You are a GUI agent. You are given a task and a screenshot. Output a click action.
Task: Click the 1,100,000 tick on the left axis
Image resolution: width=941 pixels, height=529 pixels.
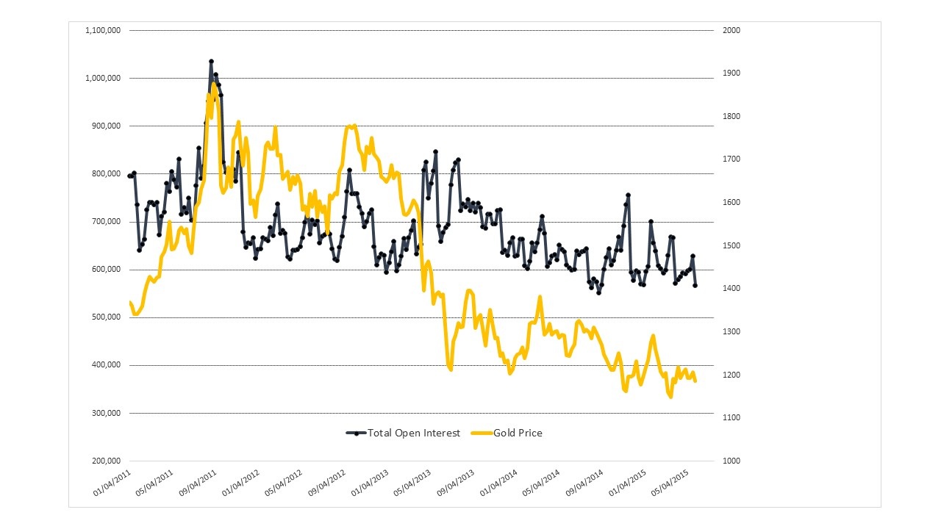tap(104, 30)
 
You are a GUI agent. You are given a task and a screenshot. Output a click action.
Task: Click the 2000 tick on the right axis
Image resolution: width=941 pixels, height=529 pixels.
tap(731, 30)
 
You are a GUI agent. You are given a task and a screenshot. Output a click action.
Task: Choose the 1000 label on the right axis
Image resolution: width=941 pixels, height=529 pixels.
tap(731, 461)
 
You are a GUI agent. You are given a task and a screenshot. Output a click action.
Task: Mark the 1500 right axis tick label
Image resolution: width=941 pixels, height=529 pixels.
tap(731, 245)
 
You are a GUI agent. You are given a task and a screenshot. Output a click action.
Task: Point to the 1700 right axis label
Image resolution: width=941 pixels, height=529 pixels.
tap(731, 159)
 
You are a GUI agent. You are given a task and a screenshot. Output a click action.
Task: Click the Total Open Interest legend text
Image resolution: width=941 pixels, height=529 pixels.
tap(414, 433)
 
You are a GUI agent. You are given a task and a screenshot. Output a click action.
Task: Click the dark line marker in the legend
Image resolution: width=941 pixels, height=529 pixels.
tap(357, 433)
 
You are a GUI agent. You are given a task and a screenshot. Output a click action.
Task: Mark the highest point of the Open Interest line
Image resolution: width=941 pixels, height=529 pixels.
tap(211, 62)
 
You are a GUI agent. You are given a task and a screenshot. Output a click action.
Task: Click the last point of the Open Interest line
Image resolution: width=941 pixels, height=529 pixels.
tap(695, 285)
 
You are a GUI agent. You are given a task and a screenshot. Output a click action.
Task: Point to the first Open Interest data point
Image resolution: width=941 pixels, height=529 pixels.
tap(129, 176)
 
